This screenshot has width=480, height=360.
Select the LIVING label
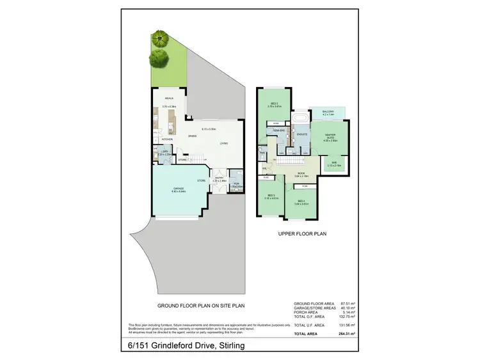pyautogui.click(x=223, y=143)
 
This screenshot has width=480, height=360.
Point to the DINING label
pyautogui.click(x=192, y=136)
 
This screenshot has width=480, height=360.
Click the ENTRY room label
pyautogui.click(x=220, y=178)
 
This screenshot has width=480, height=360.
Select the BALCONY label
pyautogui.click(x=327, y=111)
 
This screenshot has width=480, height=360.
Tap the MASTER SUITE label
pyautogui.click(x=330, y=136)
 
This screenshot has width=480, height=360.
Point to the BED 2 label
pyautogui.click(x=274, y=102)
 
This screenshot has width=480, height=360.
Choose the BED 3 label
pyautogui.click(x=271, y=195)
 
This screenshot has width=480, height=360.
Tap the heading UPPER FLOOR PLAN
pyautogui.click(x=302, y=234)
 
